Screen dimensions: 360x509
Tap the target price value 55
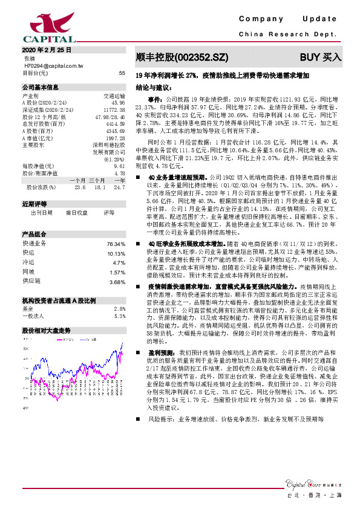coord(122,73)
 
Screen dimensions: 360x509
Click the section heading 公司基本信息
coord(40,86)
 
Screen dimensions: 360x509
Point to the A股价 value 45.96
coord(118,103)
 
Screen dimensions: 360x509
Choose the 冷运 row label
coord(28,263)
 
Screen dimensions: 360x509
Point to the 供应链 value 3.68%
coord(117,282)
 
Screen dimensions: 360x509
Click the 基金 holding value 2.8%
coord(119,308)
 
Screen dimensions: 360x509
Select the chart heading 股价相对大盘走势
coord(47,331)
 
